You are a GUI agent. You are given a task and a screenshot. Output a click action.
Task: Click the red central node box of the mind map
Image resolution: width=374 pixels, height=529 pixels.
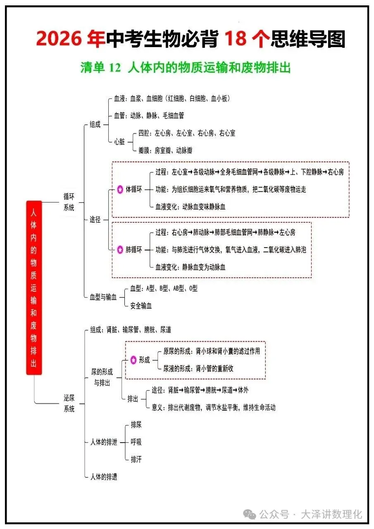(x=34, y=287)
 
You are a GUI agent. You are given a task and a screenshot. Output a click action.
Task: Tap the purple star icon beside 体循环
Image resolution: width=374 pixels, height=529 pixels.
(x=120, y=189)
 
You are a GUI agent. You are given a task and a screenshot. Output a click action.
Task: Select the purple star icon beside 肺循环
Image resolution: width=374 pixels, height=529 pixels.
(x=120, y=250)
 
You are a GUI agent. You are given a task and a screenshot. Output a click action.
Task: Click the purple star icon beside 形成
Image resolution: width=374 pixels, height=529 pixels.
(x=133, y=360)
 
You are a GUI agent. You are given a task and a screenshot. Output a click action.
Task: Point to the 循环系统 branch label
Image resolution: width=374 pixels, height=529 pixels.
(x=69, y=201)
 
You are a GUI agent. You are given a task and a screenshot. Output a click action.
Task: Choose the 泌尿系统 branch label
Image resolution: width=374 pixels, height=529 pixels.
(x=69, y=403)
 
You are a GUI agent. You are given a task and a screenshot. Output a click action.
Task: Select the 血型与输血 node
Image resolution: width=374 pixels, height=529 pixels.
(x=103, y=297)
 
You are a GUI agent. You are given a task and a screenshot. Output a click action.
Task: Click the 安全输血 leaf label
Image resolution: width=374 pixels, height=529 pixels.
(x=141, y=306)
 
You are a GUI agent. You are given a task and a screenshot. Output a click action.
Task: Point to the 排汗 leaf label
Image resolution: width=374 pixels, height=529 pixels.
(x=136, y=459)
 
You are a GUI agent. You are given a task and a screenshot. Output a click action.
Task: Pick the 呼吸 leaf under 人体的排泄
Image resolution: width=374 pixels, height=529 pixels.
(x=136, y=442)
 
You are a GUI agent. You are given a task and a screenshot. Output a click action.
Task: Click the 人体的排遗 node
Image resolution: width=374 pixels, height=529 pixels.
(x=104, y=477)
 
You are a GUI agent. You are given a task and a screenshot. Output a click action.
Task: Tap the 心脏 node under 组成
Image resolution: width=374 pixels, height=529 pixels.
(x=119, y=142)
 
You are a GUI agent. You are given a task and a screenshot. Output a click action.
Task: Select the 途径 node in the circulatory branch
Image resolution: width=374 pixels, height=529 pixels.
(x=95, y=219)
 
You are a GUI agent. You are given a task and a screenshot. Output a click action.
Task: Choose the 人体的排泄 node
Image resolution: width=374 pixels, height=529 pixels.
(x=104, y=442)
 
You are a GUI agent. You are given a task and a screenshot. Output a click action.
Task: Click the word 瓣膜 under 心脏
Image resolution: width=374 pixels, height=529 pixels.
(x=145, y=150)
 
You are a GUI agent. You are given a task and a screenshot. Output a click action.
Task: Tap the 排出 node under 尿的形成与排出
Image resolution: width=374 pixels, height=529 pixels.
(x=133, y=398)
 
